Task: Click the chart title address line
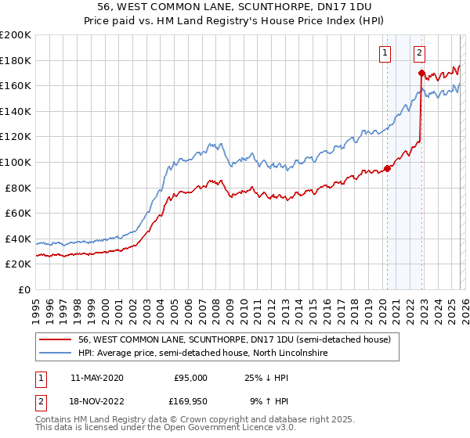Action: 235,7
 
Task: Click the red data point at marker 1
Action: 387,168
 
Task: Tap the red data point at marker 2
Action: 421,74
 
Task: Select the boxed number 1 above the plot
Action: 385,53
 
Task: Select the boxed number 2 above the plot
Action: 420,53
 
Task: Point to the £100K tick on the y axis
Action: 16,162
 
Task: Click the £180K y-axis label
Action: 16,60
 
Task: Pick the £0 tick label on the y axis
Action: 23,289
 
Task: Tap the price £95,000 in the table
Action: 190,378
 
